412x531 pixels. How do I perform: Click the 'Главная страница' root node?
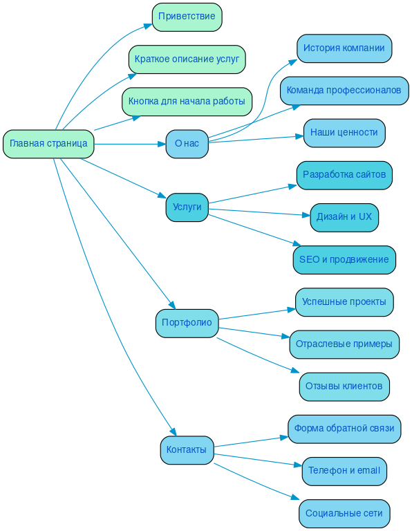[x=48, y=144]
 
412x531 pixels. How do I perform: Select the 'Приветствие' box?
[x=187, y=17]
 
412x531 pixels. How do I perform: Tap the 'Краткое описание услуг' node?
[x=187, y=59]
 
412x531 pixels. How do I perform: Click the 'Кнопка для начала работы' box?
[x=187, y=102]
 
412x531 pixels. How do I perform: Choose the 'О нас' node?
[x=187, y=144]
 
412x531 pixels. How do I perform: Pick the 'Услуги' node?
[x=187, y=207]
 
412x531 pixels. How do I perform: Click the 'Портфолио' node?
[x=187, y=323]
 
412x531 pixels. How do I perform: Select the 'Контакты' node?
[x=187, y=450]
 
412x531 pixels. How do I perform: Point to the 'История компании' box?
[x=344, y=48]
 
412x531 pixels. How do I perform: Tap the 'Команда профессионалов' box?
[x=344, y=91]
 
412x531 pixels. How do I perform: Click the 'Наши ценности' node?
[x=344, y=133]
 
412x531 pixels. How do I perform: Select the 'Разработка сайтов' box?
[x=344, y=175]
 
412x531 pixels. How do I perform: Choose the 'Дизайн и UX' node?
[x=344, y=217]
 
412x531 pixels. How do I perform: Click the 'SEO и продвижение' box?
[x=344, y=260]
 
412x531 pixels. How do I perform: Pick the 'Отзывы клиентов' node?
[x=344, y=386]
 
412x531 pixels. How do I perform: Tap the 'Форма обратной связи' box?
[x=344, y=429]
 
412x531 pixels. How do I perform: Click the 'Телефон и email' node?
[x=344, y=471]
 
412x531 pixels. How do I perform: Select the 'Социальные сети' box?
[x=344, y=514]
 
